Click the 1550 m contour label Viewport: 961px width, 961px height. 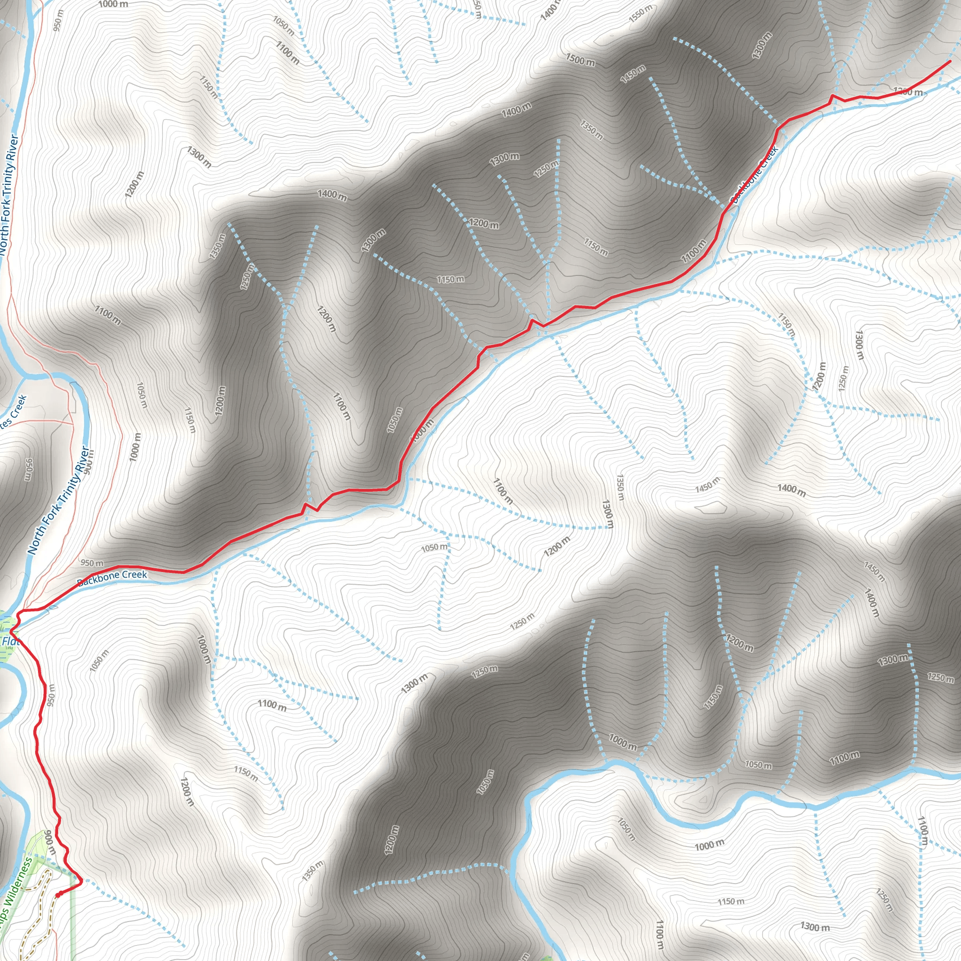(640, 14)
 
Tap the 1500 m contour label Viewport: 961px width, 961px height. (580, 60)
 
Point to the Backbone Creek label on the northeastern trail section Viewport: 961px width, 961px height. (754, 174)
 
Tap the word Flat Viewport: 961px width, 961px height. (10, 641)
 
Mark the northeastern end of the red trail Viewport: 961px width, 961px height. (950, 61)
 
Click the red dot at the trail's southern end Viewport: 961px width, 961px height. (58, 894)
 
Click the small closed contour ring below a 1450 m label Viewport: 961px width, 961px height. (711, 507)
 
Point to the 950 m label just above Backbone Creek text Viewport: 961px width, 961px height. (92, 563)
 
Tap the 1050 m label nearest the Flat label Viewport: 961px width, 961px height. (99, 661)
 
